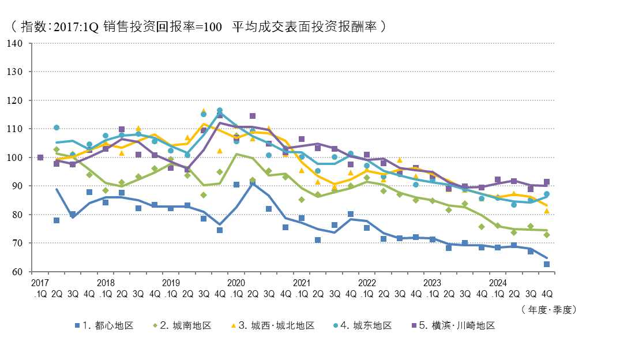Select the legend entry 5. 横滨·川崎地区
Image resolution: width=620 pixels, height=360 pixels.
[456, 325]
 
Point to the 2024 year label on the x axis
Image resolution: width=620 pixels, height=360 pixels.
[498, 283]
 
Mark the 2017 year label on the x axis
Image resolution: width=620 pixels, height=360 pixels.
[40, 283]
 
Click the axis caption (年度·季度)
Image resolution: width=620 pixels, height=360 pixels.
[548, 309]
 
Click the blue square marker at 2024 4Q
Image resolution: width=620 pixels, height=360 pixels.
[547, 264]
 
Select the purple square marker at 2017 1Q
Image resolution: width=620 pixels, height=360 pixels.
[40, 157]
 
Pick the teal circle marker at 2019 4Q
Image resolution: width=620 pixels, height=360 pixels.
[220, 110]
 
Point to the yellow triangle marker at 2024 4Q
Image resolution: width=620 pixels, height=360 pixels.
[547, 211]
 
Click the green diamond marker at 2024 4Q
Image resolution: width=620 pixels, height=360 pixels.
[547, 235]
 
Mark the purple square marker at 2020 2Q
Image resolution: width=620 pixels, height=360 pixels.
[253, 116]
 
